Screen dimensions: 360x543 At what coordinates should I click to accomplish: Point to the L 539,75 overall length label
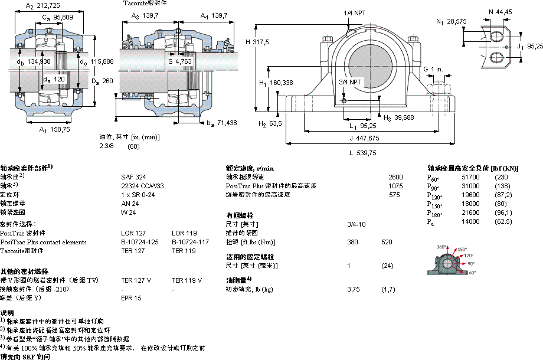(362, 152)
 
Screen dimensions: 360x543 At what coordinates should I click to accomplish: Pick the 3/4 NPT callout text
(350, 81)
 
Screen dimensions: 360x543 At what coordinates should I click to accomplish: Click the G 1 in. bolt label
(433, 70)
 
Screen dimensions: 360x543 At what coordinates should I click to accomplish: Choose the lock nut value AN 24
(129, 202)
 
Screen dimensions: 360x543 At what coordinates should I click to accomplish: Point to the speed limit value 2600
(396, 176)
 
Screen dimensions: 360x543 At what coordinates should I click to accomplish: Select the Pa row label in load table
(430, 221)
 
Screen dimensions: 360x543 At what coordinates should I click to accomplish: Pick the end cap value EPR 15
(131, 298)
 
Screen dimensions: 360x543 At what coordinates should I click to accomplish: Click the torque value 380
(352, 242)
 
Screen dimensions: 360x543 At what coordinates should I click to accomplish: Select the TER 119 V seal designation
(187, 280)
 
